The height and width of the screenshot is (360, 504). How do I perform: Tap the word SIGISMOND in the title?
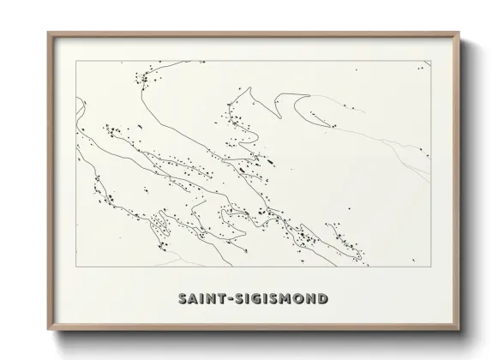[276, 299]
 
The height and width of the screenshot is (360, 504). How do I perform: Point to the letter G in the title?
[249, 299]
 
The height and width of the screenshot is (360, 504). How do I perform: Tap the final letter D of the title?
[322, 299]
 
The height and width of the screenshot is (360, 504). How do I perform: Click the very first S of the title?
[182, 299]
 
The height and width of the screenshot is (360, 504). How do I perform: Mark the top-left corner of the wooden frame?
[48, 33]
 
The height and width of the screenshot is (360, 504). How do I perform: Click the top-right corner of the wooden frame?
[460, 33]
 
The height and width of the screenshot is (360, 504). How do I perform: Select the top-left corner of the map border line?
[77, 61]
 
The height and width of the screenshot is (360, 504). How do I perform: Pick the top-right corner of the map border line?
[430, 61]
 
